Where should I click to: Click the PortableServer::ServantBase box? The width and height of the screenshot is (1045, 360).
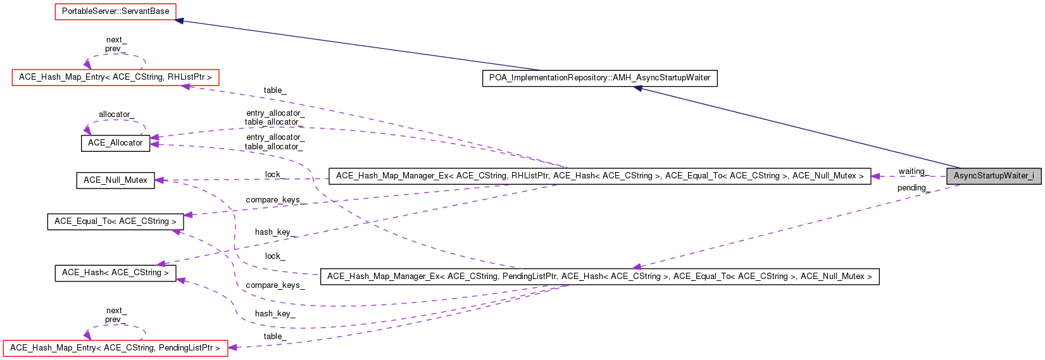coord(115,11)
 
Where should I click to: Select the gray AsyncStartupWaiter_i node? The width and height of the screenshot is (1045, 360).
coord(993,176)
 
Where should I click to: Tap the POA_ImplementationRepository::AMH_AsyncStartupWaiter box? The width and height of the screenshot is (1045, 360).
coord(599,78)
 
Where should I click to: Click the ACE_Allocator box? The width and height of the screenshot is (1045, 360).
coord(115,143)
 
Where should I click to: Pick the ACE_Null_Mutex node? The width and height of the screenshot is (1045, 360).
coord(115,180)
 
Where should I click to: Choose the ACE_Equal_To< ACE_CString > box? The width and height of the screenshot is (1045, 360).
coord(115,221)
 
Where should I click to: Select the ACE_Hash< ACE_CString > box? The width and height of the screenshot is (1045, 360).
coord(115,273)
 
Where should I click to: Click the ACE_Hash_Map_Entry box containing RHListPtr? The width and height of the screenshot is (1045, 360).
coord(115,77)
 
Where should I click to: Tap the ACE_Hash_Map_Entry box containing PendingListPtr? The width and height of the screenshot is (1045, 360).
coord(115,348)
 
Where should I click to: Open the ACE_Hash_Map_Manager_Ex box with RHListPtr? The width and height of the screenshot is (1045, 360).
coord(599,176)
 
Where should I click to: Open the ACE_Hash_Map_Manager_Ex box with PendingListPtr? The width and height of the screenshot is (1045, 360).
coord(599,276)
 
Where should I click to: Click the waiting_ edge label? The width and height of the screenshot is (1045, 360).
coord(911,171)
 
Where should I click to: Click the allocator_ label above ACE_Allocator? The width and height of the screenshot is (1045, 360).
coord(115,115)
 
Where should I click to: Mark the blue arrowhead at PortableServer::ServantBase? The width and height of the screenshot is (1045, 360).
coord(180,21)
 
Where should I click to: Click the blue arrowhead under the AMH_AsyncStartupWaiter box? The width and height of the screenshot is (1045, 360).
coord(639,89)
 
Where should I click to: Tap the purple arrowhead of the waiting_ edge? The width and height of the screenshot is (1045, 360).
coord(876,176)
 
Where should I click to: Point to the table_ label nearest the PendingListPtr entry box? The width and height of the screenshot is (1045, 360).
coord(274,337)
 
